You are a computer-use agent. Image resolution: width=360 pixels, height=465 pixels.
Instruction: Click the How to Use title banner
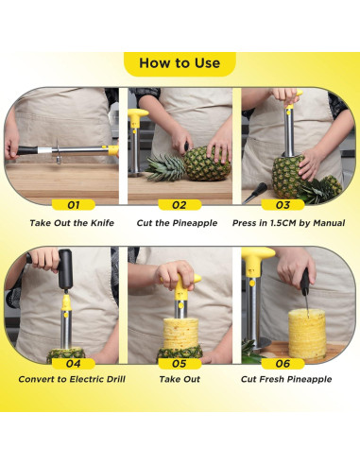[x=180, y=63]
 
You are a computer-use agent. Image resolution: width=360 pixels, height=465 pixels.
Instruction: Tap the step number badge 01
[x=74, y=205]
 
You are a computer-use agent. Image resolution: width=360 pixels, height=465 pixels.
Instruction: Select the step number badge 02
[x=180, y=205]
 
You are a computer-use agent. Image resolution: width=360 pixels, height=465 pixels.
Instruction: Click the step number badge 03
[x=283, y=205]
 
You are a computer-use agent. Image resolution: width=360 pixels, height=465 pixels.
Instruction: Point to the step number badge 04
[x=74, y=364]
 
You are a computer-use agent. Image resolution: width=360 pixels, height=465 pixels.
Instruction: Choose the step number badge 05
[x=180, y=364]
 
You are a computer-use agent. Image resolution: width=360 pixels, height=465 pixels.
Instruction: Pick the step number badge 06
[x=283, y=364]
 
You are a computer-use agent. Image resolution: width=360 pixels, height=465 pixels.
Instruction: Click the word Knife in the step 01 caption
[x=102, y=223]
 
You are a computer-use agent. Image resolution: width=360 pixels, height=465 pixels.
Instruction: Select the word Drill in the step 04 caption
[x=116, y=379]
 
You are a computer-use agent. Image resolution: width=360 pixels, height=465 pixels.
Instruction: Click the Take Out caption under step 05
[x=180, y=379]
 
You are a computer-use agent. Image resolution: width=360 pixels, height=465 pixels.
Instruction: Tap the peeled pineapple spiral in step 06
[x=307, y=334]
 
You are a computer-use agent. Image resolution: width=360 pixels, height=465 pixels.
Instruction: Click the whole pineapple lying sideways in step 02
[x=207, y=164]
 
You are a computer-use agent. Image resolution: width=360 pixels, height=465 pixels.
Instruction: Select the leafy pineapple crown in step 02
[x=166, y=167]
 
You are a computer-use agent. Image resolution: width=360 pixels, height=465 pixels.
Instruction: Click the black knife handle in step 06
[x=304, y=282]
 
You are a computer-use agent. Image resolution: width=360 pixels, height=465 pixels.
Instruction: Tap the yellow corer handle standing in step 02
[x=137, y=117]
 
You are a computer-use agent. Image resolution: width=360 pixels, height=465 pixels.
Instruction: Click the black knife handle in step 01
[x=27, y=150]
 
